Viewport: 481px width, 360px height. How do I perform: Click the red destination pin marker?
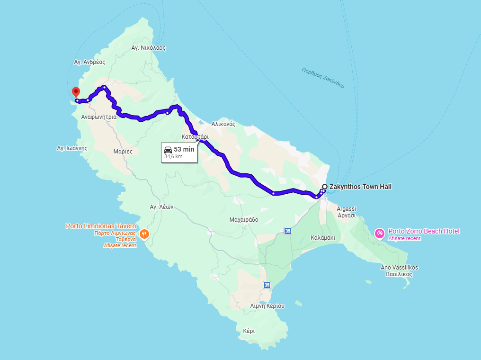(x=76, y=92)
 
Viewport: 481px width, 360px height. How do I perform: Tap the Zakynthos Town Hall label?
(x=360, y=187)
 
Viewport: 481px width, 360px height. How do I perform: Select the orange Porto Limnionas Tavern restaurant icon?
(x=144, y=234)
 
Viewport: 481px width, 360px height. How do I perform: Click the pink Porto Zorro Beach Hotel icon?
(x=379, y=234)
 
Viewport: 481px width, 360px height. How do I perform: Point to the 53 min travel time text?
(x=184, y=149)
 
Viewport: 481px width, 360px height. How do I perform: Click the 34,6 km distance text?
(x=173, y=156)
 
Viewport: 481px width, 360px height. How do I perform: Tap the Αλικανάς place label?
(x=223, y=124)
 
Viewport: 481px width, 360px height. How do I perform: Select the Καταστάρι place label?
(x=195, y=137)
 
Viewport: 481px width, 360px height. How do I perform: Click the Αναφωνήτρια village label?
(x=99, y=117)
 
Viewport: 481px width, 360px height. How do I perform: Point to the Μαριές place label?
(x=123, y=152)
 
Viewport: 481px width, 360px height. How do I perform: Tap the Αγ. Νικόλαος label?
(x=149, y=48)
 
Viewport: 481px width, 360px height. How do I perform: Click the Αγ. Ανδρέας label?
(x=89, y=62)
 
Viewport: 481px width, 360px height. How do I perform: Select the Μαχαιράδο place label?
(x=243, y=220)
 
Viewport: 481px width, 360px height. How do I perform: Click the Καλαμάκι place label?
(x=323, y=238)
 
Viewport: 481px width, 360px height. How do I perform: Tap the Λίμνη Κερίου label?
(x=267, y=306)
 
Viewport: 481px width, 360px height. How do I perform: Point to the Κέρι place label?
(x=249, y=331)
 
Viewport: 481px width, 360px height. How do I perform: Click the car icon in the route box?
(x=168, y=150)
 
